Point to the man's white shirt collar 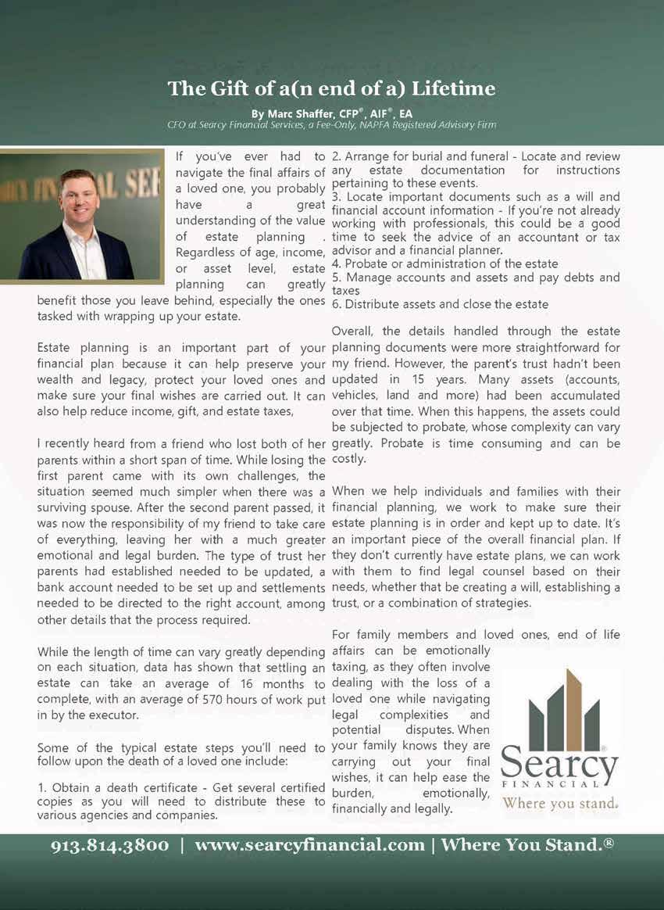(84, 235)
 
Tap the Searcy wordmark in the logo (559, 758)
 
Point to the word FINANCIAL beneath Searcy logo (559, 783)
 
